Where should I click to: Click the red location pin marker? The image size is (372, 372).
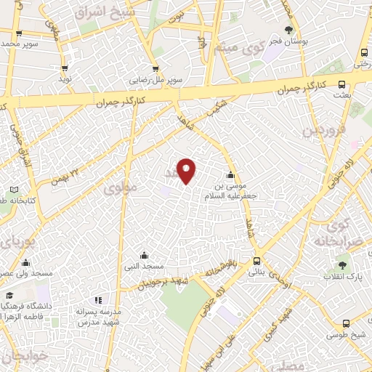click(187, 170)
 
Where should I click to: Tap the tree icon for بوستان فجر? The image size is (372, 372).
click(290, 30)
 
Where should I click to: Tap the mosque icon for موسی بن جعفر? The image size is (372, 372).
click(230, 174)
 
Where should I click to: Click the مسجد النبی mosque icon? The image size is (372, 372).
click(144, 255)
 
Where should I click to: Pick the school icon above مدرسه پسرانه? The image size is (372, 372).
click(98, 300)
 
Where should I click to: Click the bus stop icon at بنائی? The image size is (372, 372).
click(256, 262)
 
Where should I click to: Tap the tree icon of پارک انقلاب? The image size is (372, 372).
click(342, 265)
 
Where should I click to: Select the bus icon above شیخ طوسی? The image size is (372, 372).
click(345, 323)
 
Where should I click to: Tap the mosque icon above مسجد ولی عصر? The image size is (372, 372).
click(26, 262)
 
